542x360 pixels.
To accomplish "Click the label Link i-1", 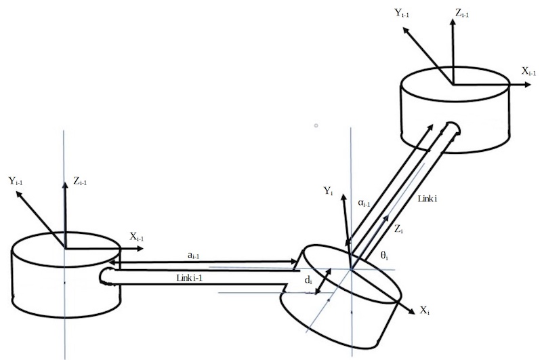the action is (x=189, y=278).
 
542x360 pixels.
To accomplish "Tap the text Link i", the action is (x=428, y=199).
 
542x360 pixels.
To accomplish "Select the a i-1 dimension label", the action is (x=193, y=256).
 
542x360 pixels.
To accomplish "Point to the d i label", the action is (x=308, y=281).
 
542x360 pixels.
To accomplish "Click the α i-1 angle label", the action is (x=364, y=203).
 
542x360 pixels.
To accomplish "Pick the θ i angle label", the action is (x=384, y=256).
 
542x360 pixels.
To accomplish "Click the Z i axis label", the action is (x=398, y=228).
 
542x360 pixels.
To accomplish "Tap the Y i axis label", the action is (x=328, y=191).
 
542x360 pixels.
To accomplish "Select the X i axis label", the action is (x=425, y=311).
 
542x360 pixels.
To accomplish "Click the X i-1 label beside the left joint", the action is (x=137, y=237).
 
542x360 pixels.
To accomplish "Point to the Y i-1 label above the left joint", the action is (x=16, y=180).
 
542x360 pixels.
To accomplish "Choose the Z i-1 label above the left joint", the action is (x=80, y=181).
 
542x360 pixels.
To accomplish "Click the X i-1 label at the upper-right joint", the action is (x=529, y=71).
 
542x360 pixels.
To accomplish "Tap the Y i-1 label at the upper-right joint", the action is (x=402, y=13).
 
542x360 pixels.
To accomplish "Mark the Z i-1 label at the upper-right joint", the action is (x=462, y=13).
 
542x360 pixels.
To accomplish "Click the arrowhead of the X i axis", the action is (x=412, y=311).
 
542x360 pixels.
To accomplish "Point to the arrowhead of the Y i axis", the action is (x=343, y=197).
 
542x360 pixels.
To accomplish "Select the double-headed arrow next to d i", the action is (x=323, y=281).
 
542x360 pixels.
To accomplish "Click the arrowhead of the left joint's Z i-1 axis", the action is (x=64, y=185).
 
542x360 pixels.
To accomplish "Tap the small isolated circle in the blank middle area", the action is (x=316, y=125).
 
